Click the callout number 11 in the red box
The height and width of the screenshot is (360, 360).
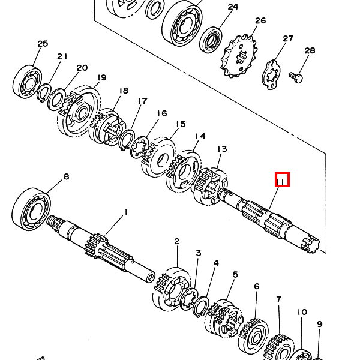click(282, 182)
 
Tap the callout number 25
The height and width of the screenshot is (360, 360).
click(43, 44)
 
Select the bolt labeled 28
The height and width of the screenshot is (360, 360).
click(296, 77)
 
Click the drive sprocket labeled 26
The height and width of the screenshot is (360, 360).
click(239, 56)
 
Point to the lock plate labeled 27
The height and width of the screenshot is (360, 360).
click(272, 74)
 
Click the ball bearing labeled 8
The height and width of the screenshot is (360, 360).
click(31, 209)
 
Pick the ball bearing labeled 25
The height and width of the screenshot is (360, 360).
click(28, 82)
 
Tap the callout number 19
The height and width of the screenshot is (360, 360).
click(101, 77)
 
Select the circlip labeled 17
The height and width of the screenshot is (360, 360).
click(127, 139)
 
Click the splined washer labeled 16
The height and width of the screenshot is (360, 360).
click(139, 148)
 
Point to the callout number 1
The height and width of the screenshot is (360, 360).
click(125, 212)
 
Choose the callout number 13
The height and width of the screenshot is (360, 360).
click(222, 149)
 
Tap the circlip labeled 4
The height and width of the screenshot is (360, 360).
click(201, 306)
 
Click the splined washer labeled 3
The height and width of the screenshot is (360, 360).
click(189, 298)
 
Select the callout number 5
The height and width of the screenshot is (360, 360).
click(235, 274)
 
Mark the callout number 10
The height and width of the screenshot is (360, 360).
click(302, 312)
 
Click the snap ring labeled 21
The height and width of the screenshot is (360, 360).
click(44, 93)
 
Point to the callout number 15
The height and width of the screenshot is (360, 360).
click(181, 124)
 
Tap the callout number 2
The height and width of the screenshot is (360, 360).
click(176, 241)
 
